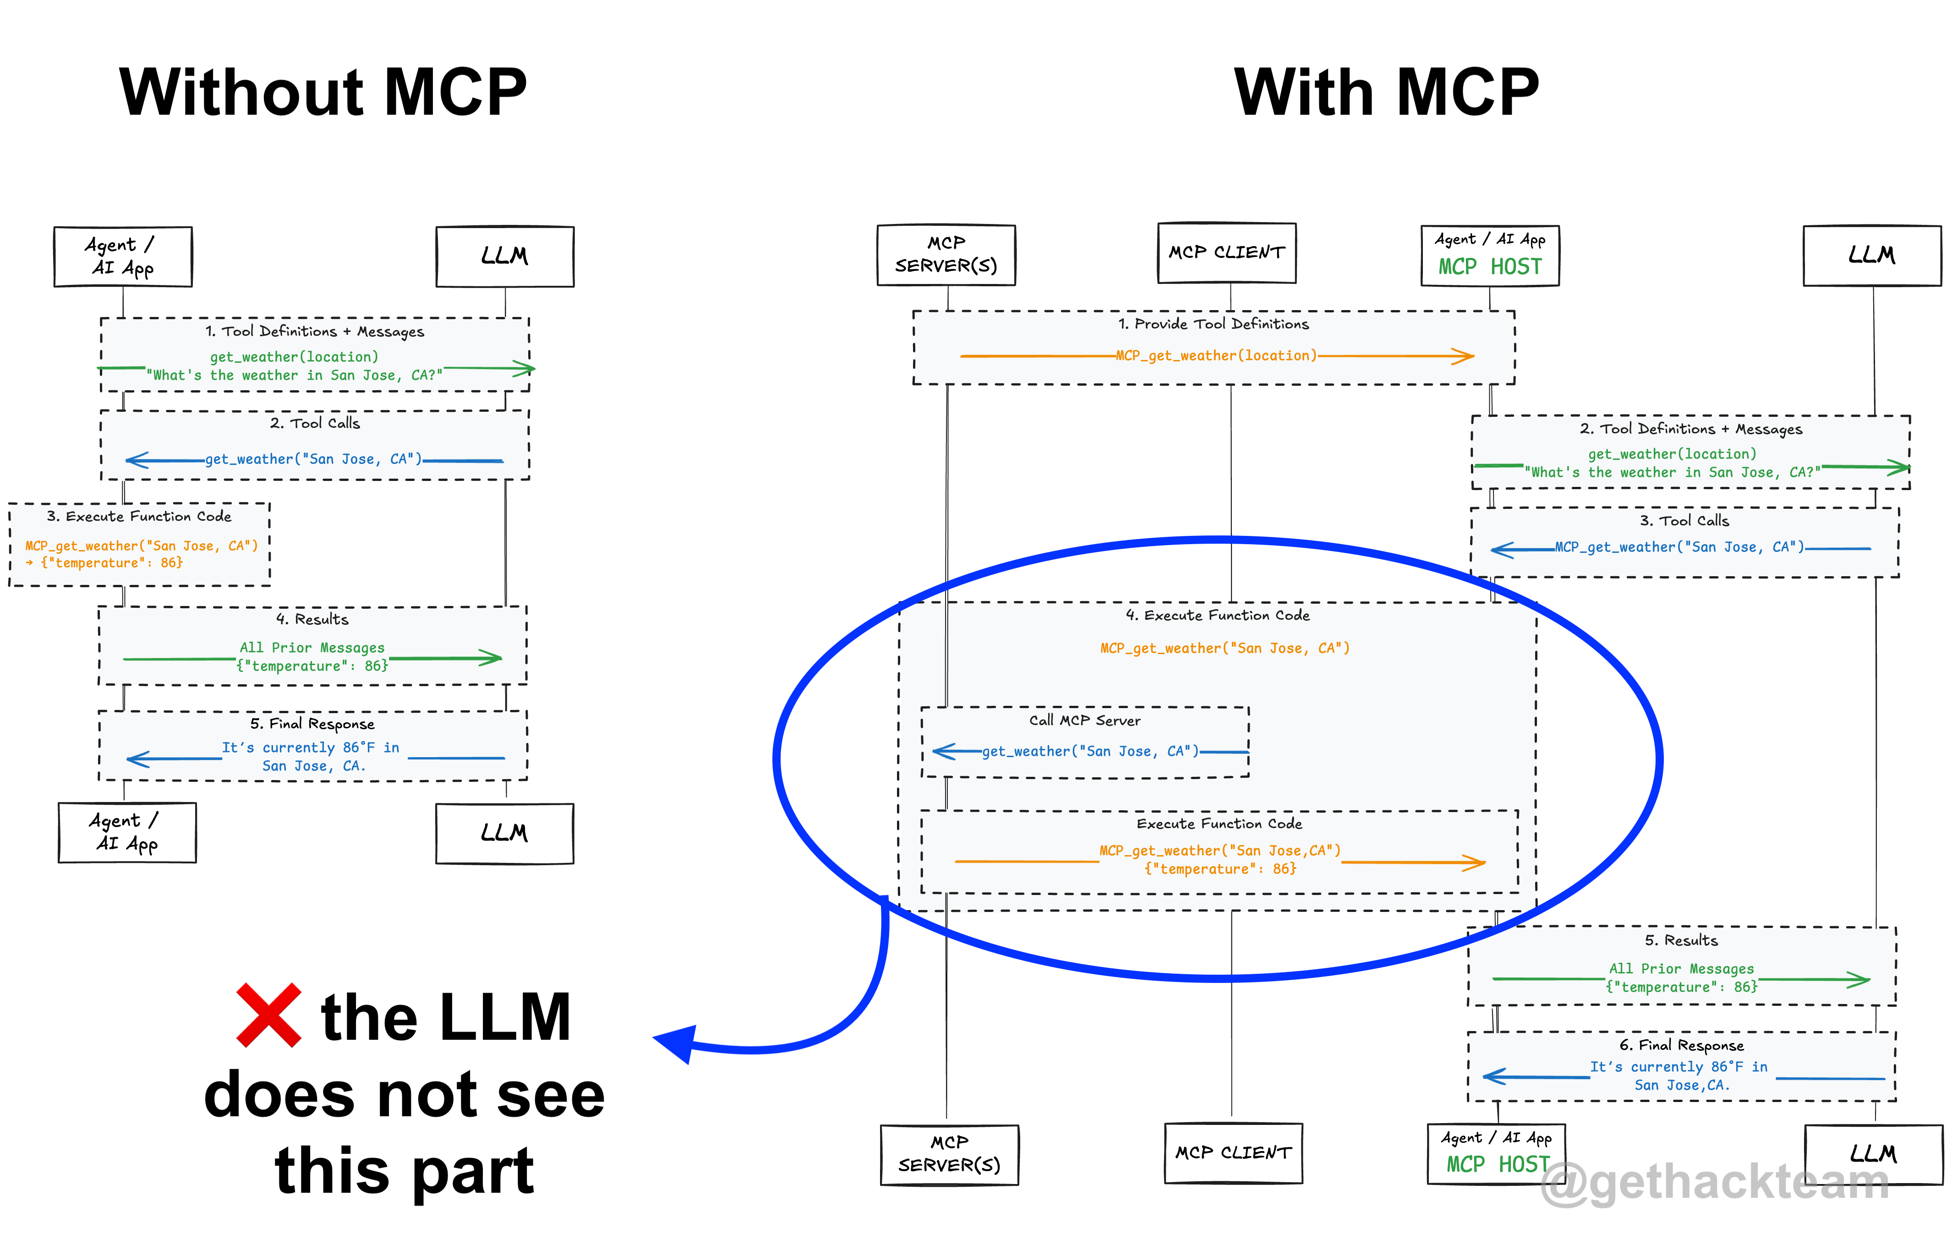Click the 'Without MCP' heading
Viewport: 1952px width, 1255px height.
click(323, 92)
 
